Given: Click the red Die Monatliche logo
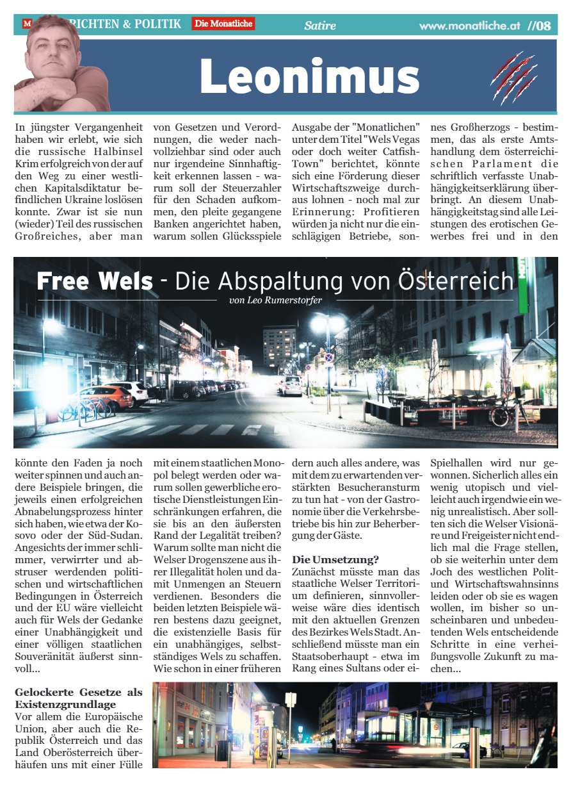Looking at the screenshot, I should coord(223,24).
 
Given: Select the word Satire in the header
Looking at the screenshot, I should coord(320,26).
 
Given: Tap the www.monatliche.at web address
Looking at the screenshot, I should coord(470,26).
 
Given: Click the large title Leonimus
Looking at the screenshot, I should coord(309,76).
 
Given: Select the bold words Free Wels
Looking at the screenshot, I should coord(95,281).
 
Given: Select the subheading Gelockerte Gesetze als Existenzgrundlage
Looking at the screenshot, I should coord(79,698).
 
